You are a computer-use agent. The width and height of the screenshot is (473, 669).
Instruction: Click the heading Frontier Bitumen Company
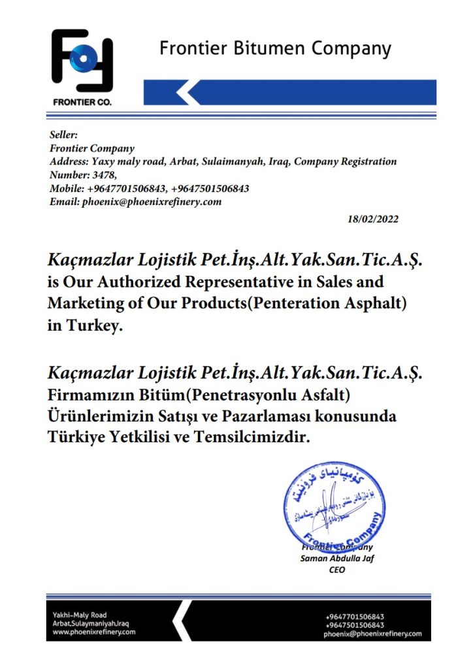coord(275,48)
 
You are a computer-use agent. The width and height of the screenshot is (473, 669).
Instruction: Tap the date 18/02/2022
coord(372,220)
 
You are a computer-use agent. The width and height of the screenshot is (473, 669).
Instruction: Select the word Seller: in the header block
coord(64,135)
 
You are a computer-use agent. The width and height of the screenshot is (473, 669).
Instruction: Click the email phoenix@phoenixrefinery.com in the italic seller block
coord(152,202)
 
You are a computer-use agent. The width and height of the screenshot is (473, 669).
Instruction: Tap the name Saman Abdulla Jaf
coord(336,559)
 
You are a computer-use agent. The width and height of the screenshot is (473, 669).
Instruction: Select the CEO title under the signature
coord(336,570)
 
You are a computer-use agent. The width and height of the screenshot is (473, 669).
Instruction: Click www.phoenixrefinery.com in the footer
coord(94,632)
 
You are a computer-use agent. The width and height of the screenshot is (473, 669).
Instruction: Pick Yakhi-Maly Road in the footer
coord(80,615)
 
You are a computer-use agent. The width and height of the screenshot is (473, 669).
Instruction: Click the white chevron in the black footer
coord(184,619)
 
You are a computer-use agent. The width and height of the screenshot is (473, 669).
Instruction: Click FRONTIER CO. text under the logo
coord(82,103)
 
